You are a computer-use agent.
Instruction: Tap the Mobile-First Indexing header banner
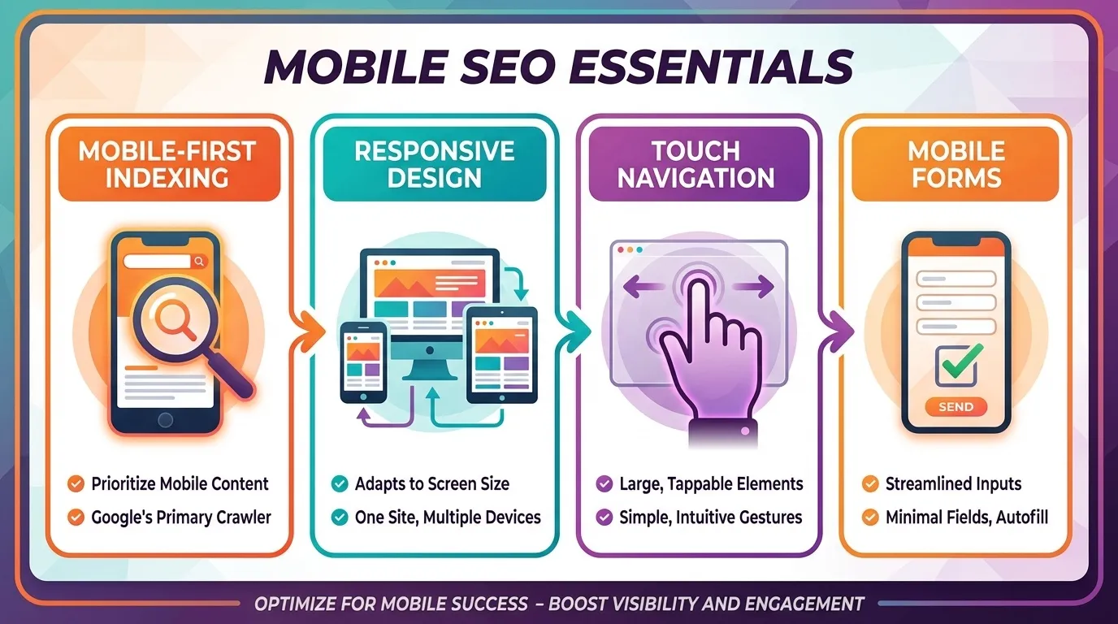(169, 164)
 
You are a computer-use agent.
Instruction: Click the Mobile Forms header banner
(956, 164)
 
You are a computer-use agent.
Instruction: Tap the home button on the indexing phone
(166, 419)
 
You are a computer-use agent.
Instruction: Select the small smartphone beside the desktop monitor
(363, 362)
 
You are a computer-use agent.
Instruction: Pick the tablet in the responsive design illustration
(501, 353)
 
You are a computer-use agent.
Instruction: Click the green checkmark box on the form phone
(955, 365)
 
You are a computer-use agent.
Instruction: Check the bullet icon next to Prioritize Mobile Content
(76, 484)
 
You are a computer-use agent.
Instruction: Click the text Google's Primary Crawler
(180, 517)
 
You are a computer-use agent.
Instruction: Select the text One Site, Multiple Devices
(448, 517)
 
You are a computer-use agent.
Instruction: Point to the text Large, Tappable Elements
(710, 484)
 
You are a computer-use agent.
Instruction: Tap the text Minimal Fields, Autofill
(967, 517)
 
